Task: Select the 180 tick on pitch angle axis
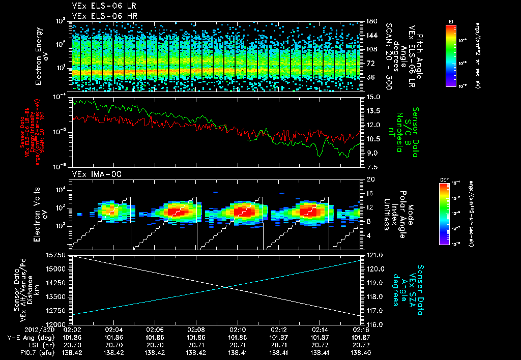(371, 21)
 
